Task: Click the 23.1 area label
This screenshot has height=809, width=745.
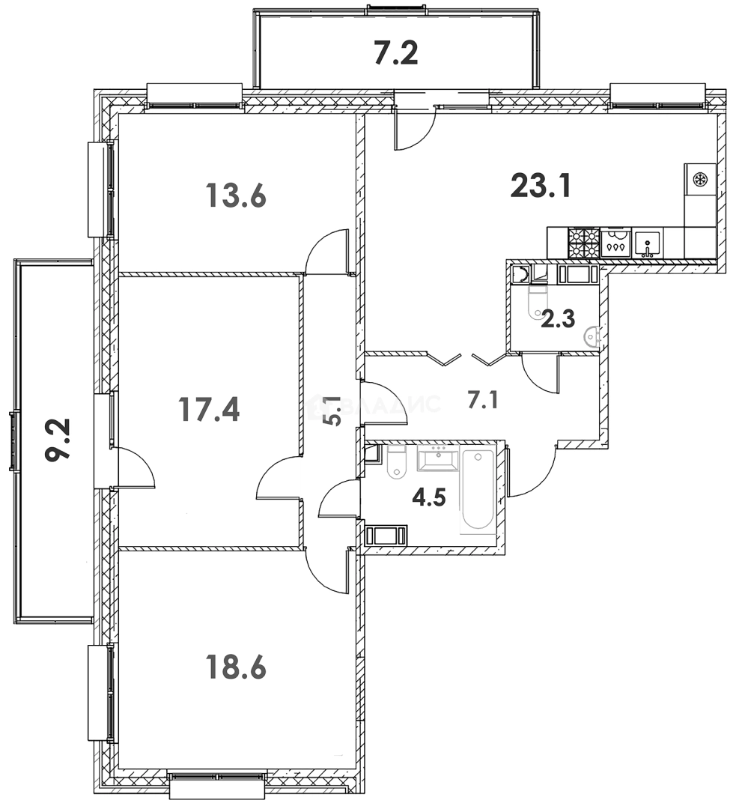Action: click(541, 185)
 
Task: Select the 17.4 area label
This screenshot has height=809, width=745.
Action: click(209, 409)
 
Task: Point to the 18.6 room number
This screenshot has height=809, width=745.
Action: click(236, 665)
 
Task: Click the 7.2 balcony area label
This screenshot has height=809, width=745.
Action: click(395, 54)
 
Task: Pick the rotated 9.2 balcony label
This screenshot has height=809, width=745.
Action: click(58, 441)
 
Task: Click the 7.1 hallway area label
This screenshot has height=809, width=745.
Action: click(483, 401)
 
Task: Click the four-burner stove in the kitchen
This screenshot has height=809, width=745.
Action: click(584, 242)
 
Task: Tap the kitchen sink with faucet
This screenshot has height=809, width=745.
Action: click(648, 243)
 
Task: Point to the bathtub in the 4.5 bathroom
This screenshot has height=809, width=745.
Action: click(478, 491)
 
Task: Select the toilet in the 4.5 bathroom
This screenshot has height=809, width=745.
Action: click(395, 462)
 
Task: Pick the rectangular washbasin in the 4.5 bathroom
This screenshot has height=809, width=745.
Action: click(437, 458)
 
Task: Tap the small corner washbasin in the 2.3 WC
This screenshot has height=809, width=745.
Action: click(594, 338)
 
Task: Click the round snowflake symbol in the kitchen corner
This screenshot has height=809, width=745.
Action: click(700, 180)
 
